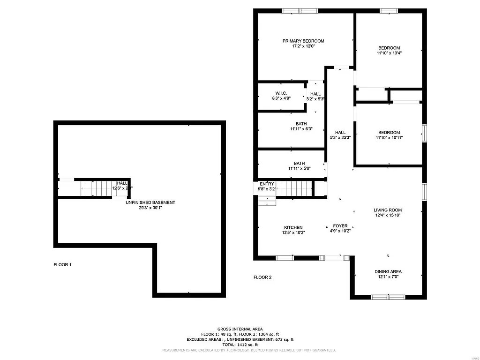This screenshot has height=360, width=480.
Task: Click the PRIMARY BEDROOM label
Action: click(303, 41)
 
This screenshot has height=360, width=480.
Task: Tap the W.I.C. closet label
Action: click(281, 93)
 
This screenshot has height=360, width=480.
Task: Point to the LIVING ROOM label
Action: click(388, 210)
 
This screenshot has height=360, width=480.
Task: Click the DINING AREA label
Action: click(388, 271)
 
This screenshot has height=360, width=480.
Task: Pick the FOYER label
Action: click(340, 226)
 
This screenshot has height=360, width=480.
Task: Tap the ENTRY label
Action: click(267, 184)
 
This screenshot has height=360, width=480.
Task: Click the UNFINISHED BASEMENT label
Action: click(150, 202)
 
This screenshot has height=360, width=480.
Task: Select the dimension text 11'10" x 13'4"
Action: click(389, 53)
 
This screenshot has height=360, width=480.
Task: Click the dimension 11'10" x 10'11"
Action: click(389, 138)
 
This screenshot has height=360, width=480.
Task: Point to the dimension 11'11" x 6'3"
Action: click(301, 129)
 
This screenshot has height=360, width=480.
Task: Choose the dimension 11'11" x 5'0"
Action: click(300, 169)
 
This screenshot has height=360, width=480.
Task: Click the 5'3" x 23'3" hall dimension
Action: click(340, 138)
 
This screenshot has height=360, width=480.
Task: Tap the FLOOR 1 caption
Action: click(62, 265)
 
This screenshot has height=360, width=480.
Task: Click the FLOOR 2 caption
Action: click(262, 277)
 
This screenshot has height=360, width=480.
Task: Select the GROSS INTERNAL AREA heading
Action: click(240, 329)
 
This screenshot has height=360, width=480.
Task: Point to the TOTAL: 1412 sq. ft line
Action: click(240, 345)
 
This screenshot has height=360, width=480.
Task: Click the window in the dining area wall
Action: click(388, 297)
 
